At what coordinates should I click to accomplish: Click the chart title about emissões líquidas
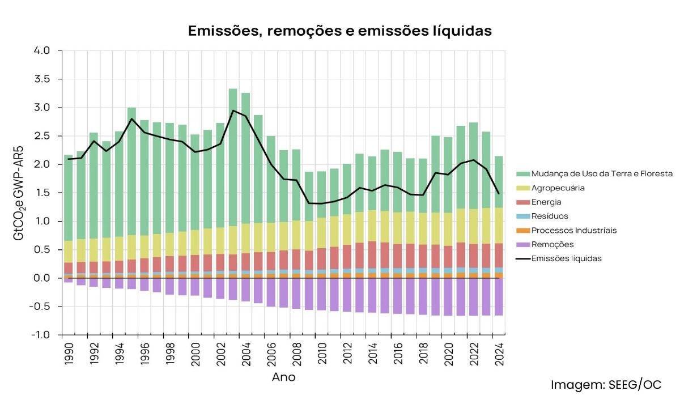pyautogui.click(x=339, y=31)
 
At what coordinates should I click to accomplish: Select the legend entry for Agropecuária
pyautogui.click(x=558, y=188)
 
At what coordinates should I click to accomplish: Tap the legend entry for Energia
pyautogui.click(x=547, y=202)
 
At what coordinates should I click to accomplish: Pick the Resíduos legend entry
pyautogui.click(x=550, y=216)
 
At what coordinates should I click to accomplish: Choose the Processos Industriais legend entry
pyautogui.click(x=573, y=230)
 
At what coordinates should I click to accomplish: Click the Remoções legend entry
pyautogui.click(x=552, y=244)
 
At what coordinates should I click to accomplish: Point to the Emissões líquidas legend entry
pyautogui.click(x=566, y=258)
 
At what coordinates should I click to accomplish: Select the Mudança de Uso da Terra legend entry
pyautogui.click(x=602, y=173)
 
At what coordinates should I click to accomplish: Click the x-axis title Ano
pyautogui.click(x=283, y=377)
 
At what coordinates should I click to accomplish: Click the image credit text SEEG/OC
pyautogui.click(x=606, y=385)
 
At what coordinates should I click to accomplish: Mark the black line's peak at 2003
pyautogui.click(x=233, y=110)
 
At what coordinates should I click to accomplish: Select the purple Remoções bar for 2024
pyautogui.click(x=499, y=297)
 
